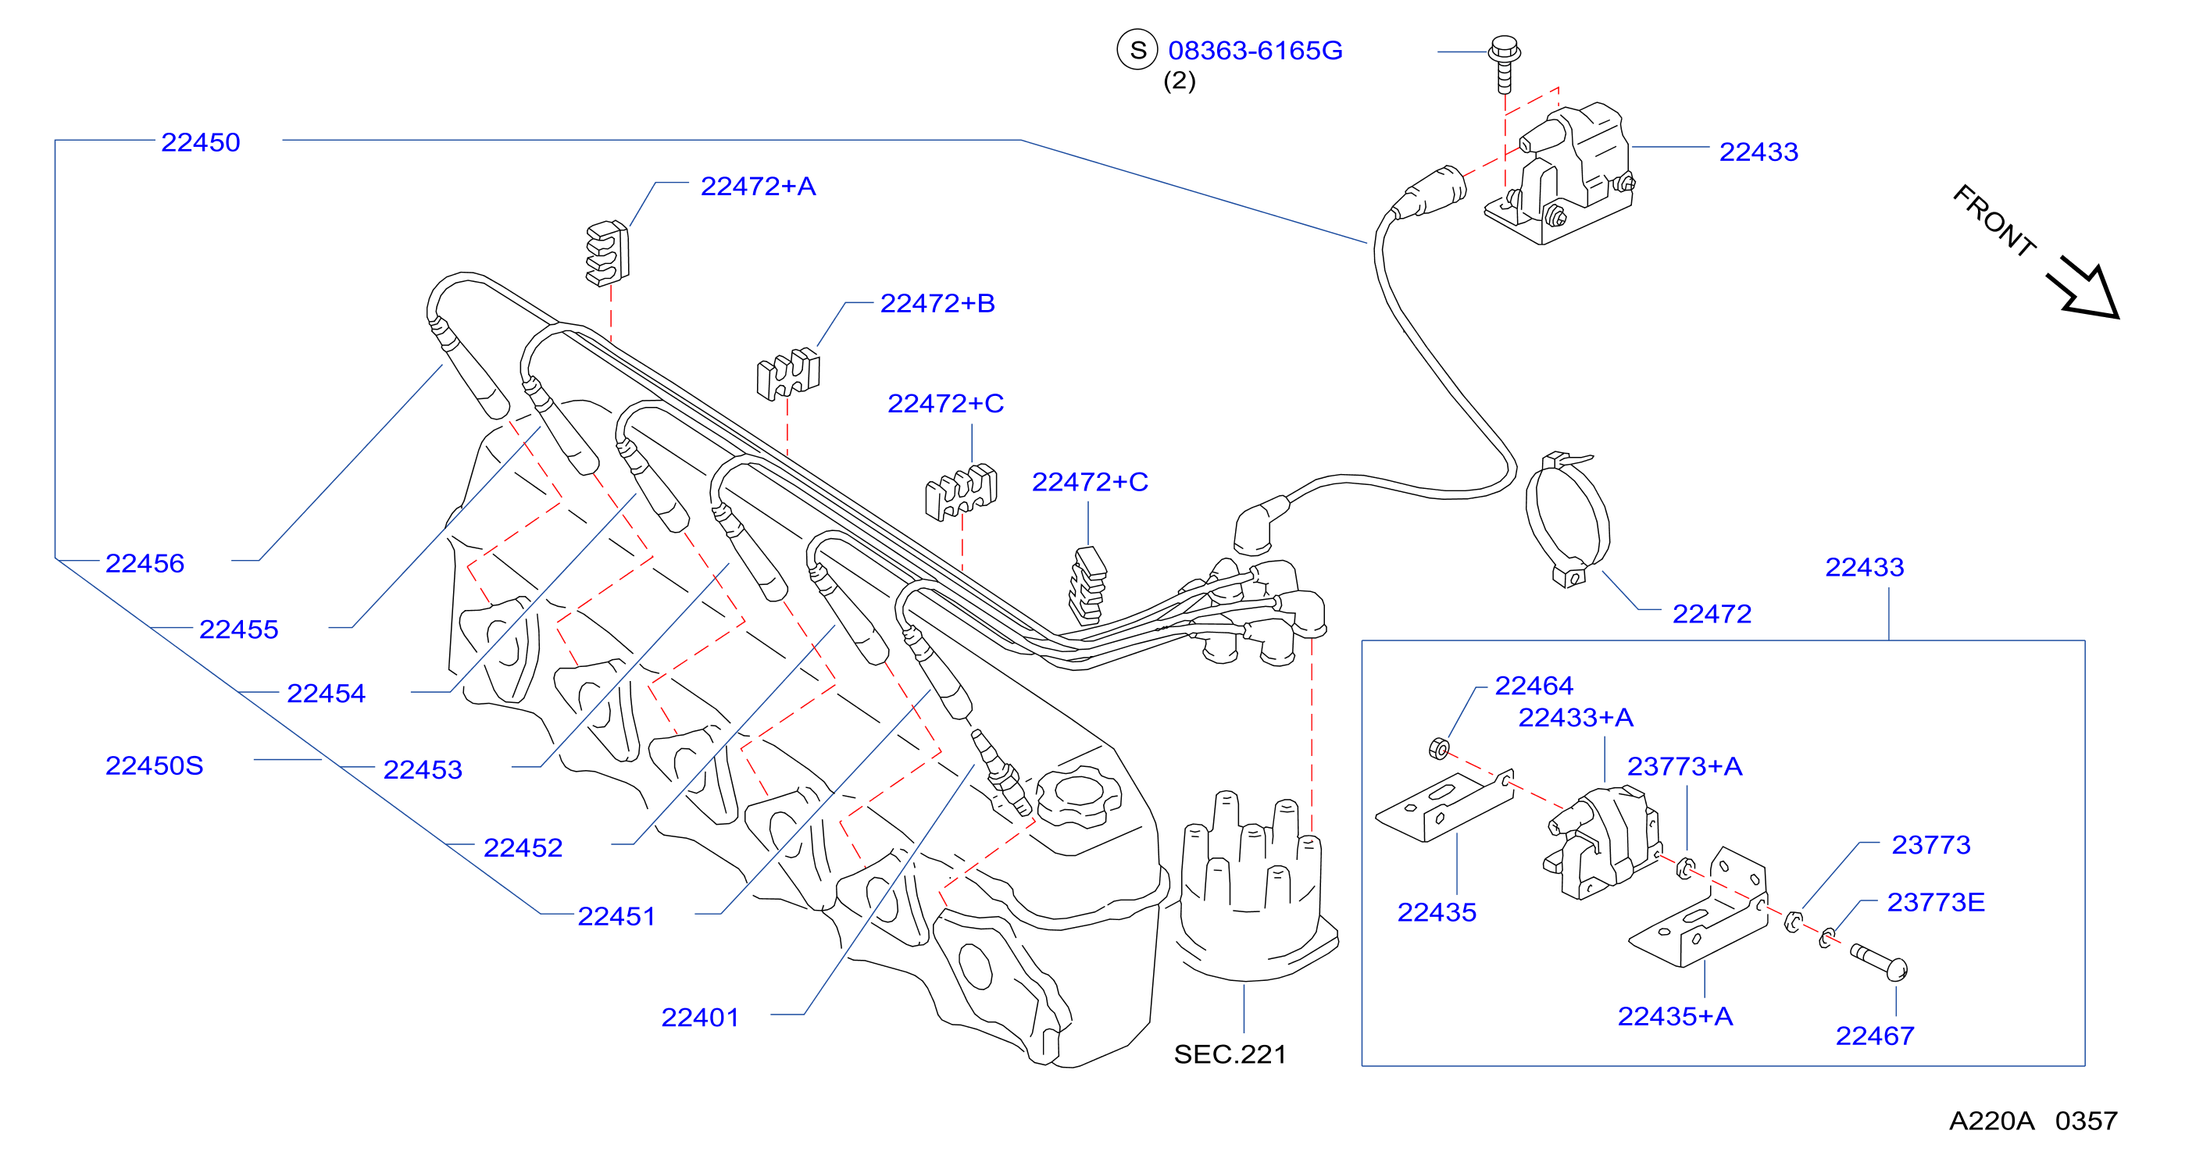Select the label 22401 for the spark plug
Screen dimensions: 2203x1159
699,1017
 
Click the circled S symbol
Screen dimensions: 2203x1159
1137,51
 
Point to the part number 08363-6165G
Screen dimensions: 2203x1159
1255,51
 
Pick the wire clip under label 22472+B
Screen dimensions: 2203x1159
787,373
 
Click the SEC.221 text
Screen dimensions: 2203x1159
1230,1054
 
